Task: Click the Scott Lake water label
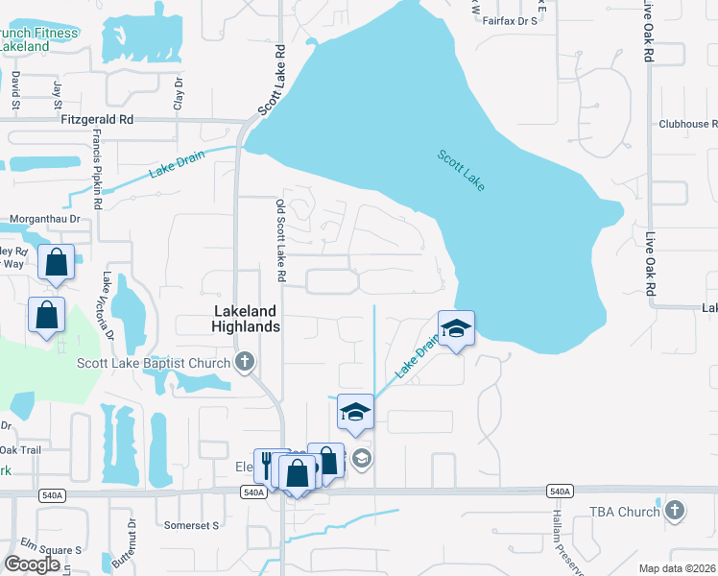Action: point(462,170)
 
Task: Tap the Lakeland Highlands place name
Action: point(246,319)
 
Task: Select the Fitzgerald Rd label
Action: point(97,120)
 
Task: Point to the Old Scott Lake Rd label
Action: point(280,240)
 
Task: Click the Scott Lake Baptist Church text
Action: point(154,363)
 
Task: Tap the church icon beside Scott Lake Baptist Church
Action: point(245,362)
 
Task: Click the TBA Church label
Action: point(625,512)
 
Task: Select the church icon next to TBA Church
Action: point(676,511)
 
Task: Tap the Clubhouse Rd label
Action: point(687,125)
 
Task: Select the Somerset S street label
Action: point(192,525)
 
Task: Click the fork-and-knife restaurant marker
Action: point(266,466)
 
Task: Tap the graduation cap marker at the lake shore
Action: point(456,329)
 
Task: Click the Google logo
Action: point(32,564)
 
